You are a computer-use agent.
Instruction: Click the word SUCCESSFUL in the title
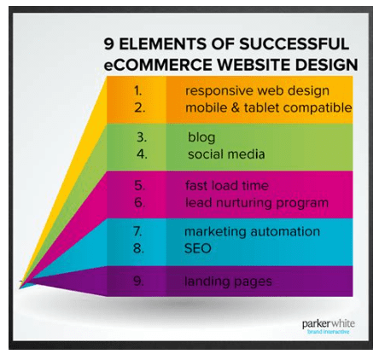pyautogui.click(x=295, y=44)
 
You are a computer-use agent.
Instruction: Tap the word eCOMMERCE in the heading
pyautogui.click(x=157, y=65)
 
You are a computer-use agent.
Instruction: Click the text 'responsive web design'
pyautogui.click(x=257, y=90)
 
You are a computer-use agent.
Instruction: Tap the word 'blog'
pyautogui.click(x=201, y=136)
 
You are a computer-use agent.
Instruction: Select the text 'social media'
pyautogui.click(x=226, y=154)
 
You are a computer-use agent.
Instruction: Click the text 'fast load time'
pyautogui.click(x=226, y=185)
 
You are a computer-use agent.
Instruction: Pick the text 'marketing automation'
pyautogui.click(x=252, y=232)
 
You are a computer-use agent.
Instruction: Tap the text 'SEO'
pyautogui.click(x=198, y=250)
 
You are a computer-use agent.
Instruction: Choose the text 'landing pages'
pyautogui.click(x=228, y=281)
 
